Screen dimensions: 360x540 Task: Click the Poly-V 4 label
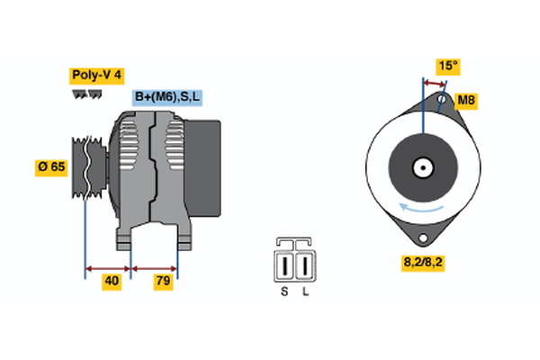click(x=96, y=76)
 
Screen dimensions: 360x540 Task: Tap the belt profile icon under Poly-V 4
click(x=87, y=94)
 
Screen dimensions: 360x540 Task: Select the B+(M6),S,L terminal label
click(x=167, y=97)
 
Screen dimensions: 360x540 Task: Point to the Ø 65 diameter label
click(x=51, y=167)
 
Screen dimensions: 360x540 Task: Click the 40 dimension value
click(x=111, y=282)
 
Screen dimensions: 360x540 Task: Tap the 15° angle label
click(x=446, y=66)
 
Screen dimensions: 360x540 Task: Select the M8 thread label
click(x=465, y=100)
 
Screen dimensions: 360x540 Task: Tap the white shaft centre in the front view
click(x=421, y=167)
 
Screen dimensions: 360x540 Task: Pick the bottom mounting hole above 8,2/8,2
click(x=421, y=236)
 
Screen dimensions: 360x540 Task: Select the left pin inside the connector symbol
click(x=285, y=266)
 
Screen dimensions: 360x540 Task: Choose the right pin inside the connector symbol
click(x=305, y=266)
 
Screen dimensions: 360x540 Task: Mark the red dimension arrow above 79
click(x=155, y=267)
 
